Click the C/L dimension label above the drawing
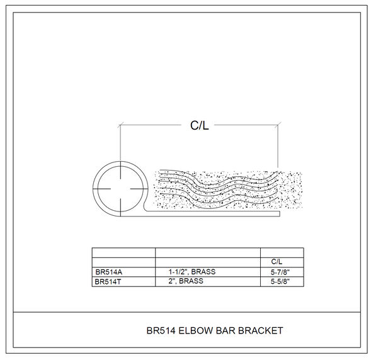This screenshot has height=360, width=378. pos(199,125)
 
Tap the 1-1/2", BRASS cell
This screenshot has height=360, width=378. pos(192,272)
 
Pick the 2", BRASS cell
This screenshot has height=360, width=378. pos(186,281)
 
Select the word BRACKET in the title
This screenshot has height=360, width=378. pos(260,330)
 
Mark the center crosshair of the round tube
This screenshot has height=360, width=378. pos(120,189)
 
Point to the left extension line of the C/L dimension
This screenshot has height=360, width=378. pos(120,142)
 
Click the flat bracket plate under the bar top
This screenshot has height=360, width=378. pos(214,213)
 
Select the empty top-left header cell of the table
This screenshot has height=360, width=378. pos(123,252)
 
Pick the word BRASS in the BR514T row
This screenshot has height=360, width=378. pos(192,281)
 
